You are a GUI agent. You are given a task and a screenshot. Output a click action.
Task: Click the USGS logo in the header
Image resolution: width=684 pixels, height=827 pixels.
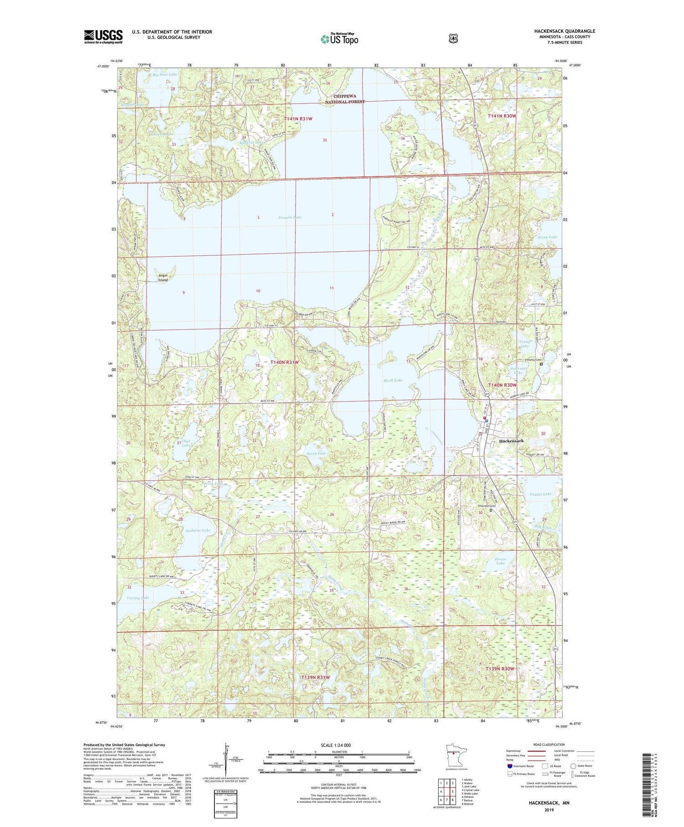tap(103, 36)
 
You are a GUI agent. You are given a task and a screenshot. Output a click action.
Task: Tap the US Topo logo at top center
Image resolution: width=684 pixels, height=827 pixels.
tap(339, 38)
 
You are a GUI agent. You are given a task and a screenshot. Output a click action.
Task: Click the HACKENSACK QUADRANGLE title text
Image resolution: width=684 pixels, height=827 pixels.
tap(565, 31)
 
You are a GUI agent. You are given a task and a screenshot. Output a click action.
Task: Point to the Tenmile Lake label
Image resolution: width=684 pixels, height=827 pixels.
tap(290, 218)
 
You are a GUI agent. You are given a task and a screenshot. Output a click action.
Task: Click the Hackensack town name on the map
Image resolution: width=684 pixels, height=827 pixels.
tap(511, 441)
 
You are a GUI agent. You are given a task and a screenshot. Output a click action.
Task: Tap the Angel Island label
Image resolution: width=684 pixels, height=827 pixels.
tap(163, 277)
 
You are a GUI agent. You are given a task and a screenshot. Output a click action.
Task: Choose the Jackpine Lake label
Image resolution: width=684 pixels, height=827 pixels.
tap(198, 531)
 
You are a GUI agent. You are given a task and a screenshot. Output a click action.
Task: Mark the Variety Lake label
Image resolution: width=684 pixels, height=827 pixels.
tap(138, 598)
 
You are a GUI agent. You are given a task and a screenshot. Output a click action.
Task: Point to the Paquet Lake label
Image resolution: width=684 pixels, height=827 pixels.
tap(540, 494)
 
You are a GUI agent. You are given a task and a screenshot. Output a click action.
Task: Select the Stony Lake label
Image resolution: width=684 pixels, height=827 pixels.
tap(547, 237)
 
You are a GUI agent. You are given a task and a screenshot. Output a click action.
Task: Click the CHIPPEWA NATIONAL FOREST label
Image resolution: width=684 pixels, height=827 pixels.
tap(345, 99)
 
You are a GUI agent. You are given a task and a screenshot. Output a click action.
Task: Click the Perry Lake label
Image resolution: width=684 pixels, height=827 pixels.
tap(316, 453)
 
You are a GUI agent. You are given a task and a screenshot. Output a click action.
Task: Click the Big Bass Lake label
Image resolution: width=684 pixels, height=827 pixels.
tap(165, 74)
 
